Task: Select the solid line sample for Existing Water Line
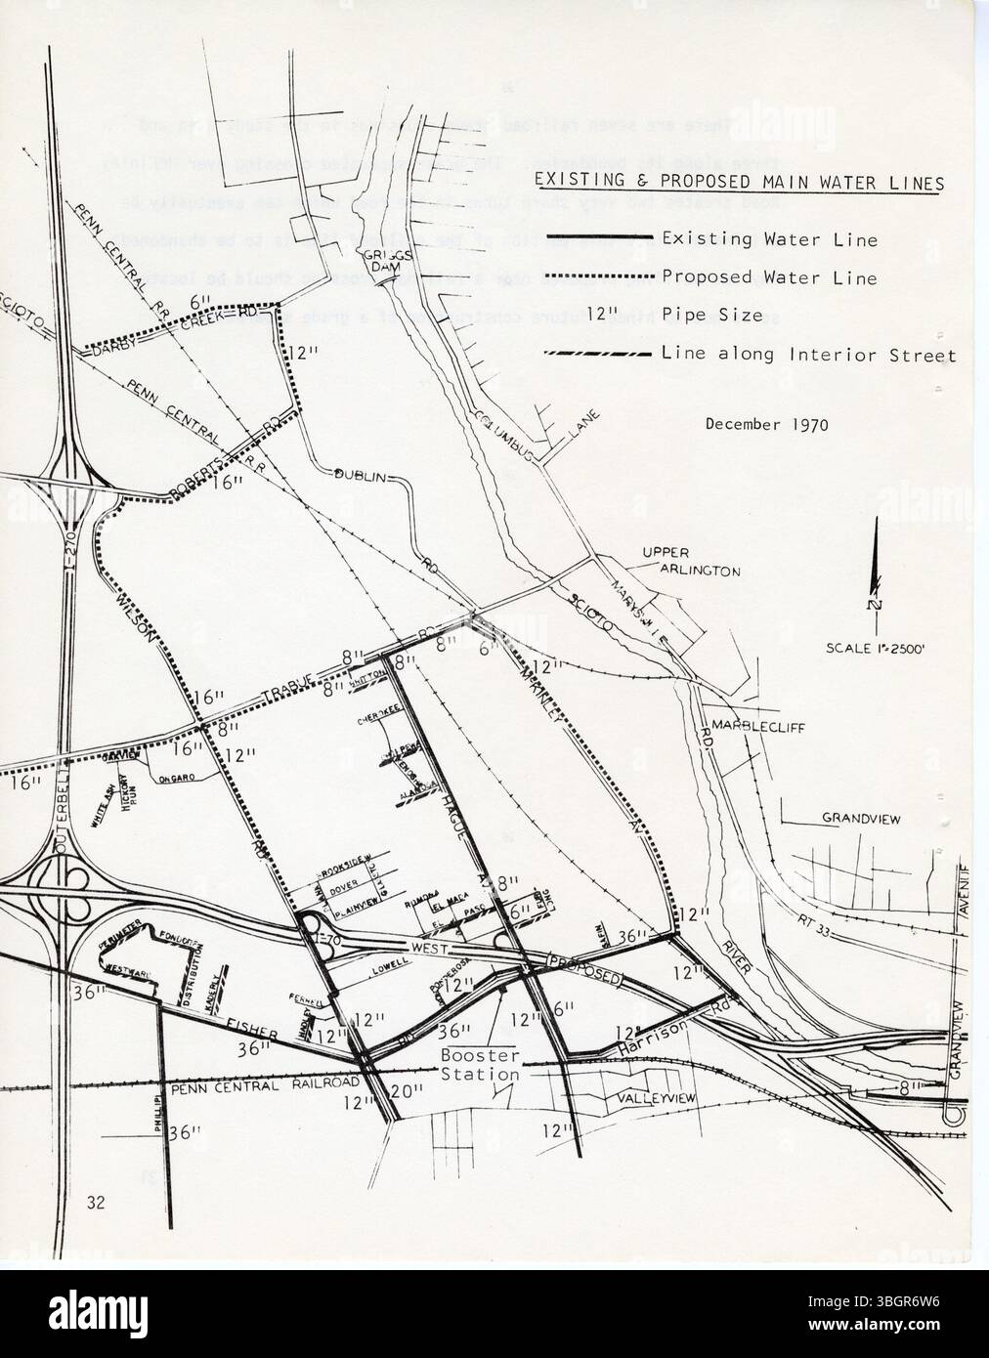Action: [598, 238]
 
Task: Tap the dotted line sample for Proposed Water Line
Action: [598, 277]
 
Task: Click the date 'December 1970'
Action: [766, 424]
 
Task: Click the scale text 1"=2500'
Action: [881, 648]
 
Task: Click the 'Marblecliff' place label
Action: [750, 725]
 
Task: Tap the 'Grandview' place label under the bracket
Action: [860, 820]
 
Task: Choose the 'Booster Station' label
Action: [479, 1065]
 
